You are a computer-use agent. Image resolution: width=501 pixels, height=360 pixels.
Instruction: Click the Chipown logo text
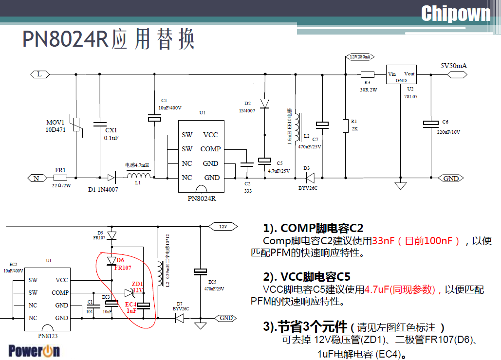tap(455, 13)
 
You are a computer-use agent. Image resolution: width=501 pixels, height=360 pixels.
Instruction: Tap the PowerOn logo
tap(34, 350)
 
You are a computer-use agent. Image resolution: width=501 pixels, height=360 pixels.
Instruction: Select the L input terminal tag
tap(39, 74)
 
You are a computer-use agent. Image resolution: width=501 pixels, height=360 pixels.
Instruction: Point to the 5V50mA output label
tap(453, 66)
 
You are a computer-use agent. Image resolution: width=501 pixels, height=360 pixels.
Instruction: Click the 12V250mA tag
tap(360, 57)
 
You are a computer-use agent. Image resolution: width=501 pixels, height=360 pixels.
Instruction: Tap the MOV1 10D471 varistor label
tap(55, 126)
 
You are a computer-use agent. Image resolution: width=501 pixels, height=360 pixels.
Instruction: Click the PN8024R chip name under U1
tap(202, 198)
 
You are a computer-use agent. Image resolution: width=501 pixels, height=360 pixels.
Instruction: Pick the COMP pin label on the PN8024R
tap(210, 149)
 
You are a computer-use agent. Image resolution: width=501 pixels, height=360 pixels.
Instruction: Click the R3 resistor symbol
tap(367, 74)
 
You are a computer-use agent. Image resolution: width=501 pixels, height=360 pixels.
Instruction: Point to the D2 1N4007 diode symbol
tap(264, 103)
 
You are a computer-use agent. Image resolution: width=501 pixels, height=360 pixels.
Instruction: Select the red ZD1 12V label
tap(137, 287)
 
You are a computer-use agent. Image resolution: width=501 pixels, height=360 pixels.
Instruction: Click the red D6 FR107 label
tap(123, 264)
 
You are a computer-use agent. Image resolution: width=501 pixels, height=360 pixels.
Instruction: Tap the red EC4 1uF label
tap(131, 307)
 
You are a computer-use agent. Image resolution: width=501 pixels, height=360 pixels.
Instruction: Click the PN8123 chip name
tap(47, 335)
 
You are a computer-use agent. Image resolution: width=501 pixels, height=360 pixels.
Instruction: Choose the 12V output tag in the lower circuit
tap(223, 226)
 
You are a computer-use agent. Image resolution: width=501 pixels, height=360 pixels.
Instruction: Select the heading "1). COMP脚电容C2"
tap(313, 228)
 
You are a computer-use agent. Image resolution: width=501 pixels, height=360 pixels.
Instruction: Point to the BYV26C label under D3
tap(308, 188)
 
